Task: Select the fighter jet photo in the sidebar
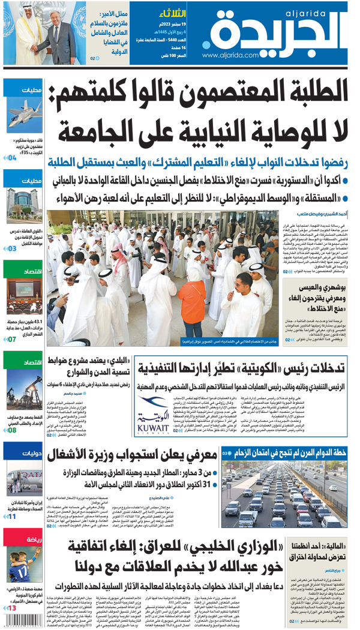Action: click(x=25, y=115)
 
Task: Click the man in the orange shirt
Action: click(x=191, y=300)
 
